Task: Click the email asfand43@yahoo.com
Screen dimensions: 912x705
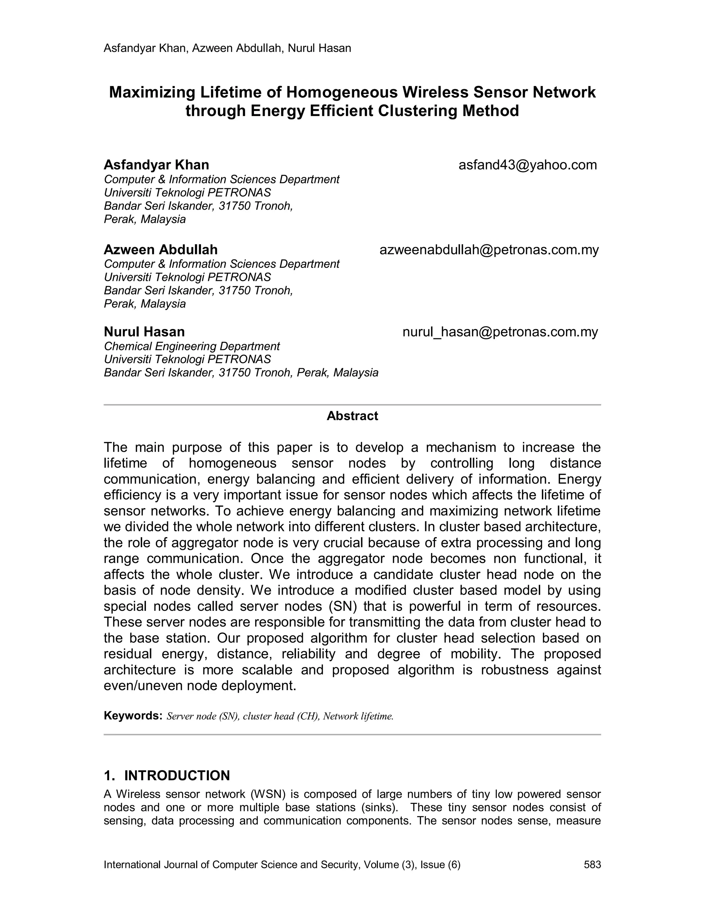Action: click(527, 165)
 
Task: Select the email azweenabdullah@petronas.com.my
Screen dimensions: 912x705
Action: click(489, 250)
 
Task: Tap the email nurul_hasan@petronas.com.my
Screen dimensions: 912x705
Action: click(500, 332)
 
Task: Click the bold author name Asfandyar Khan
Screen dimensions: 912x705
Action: click(156, 165)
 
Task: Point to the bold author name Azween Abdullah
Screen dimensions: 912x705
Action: click(160, 250)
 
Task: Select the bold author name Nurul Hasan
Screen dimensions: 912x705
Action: click(144, 332)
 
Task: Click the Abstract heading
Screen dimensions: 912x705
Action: click(352, 416)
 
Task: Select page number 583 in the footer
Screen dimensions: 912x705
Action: click(592, 865)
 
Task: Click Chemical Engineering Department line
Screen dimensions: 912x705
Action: click(192, 346)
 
